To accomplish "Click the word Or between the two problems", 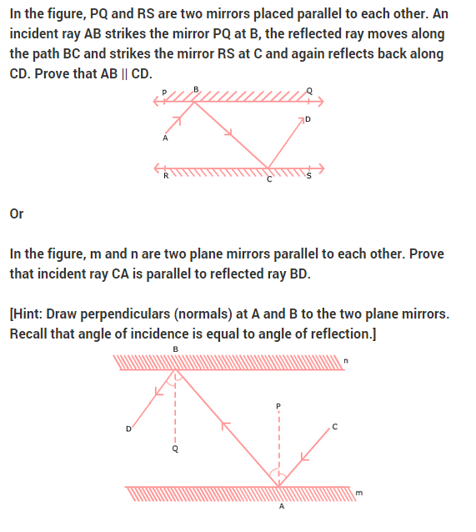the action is pyautogui.click(x=17, y=214).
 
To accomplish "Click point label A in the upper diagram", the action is pyautogui.click(x=165, y=138).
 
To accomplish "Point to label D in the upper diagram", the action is pyautogui.click(x=307, y=120).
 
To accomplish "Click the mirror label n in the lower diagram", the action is pyautogui.click(x=346, y=361).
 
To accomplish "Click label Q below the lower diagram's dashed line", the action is pyautogui.click(x=174, y=449).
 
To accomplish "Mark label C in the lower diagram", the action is pyautogui.click(x=334, y=427).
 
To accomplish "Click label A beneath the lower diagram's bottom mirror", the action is pyautogui.click(x=281, y=507).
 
